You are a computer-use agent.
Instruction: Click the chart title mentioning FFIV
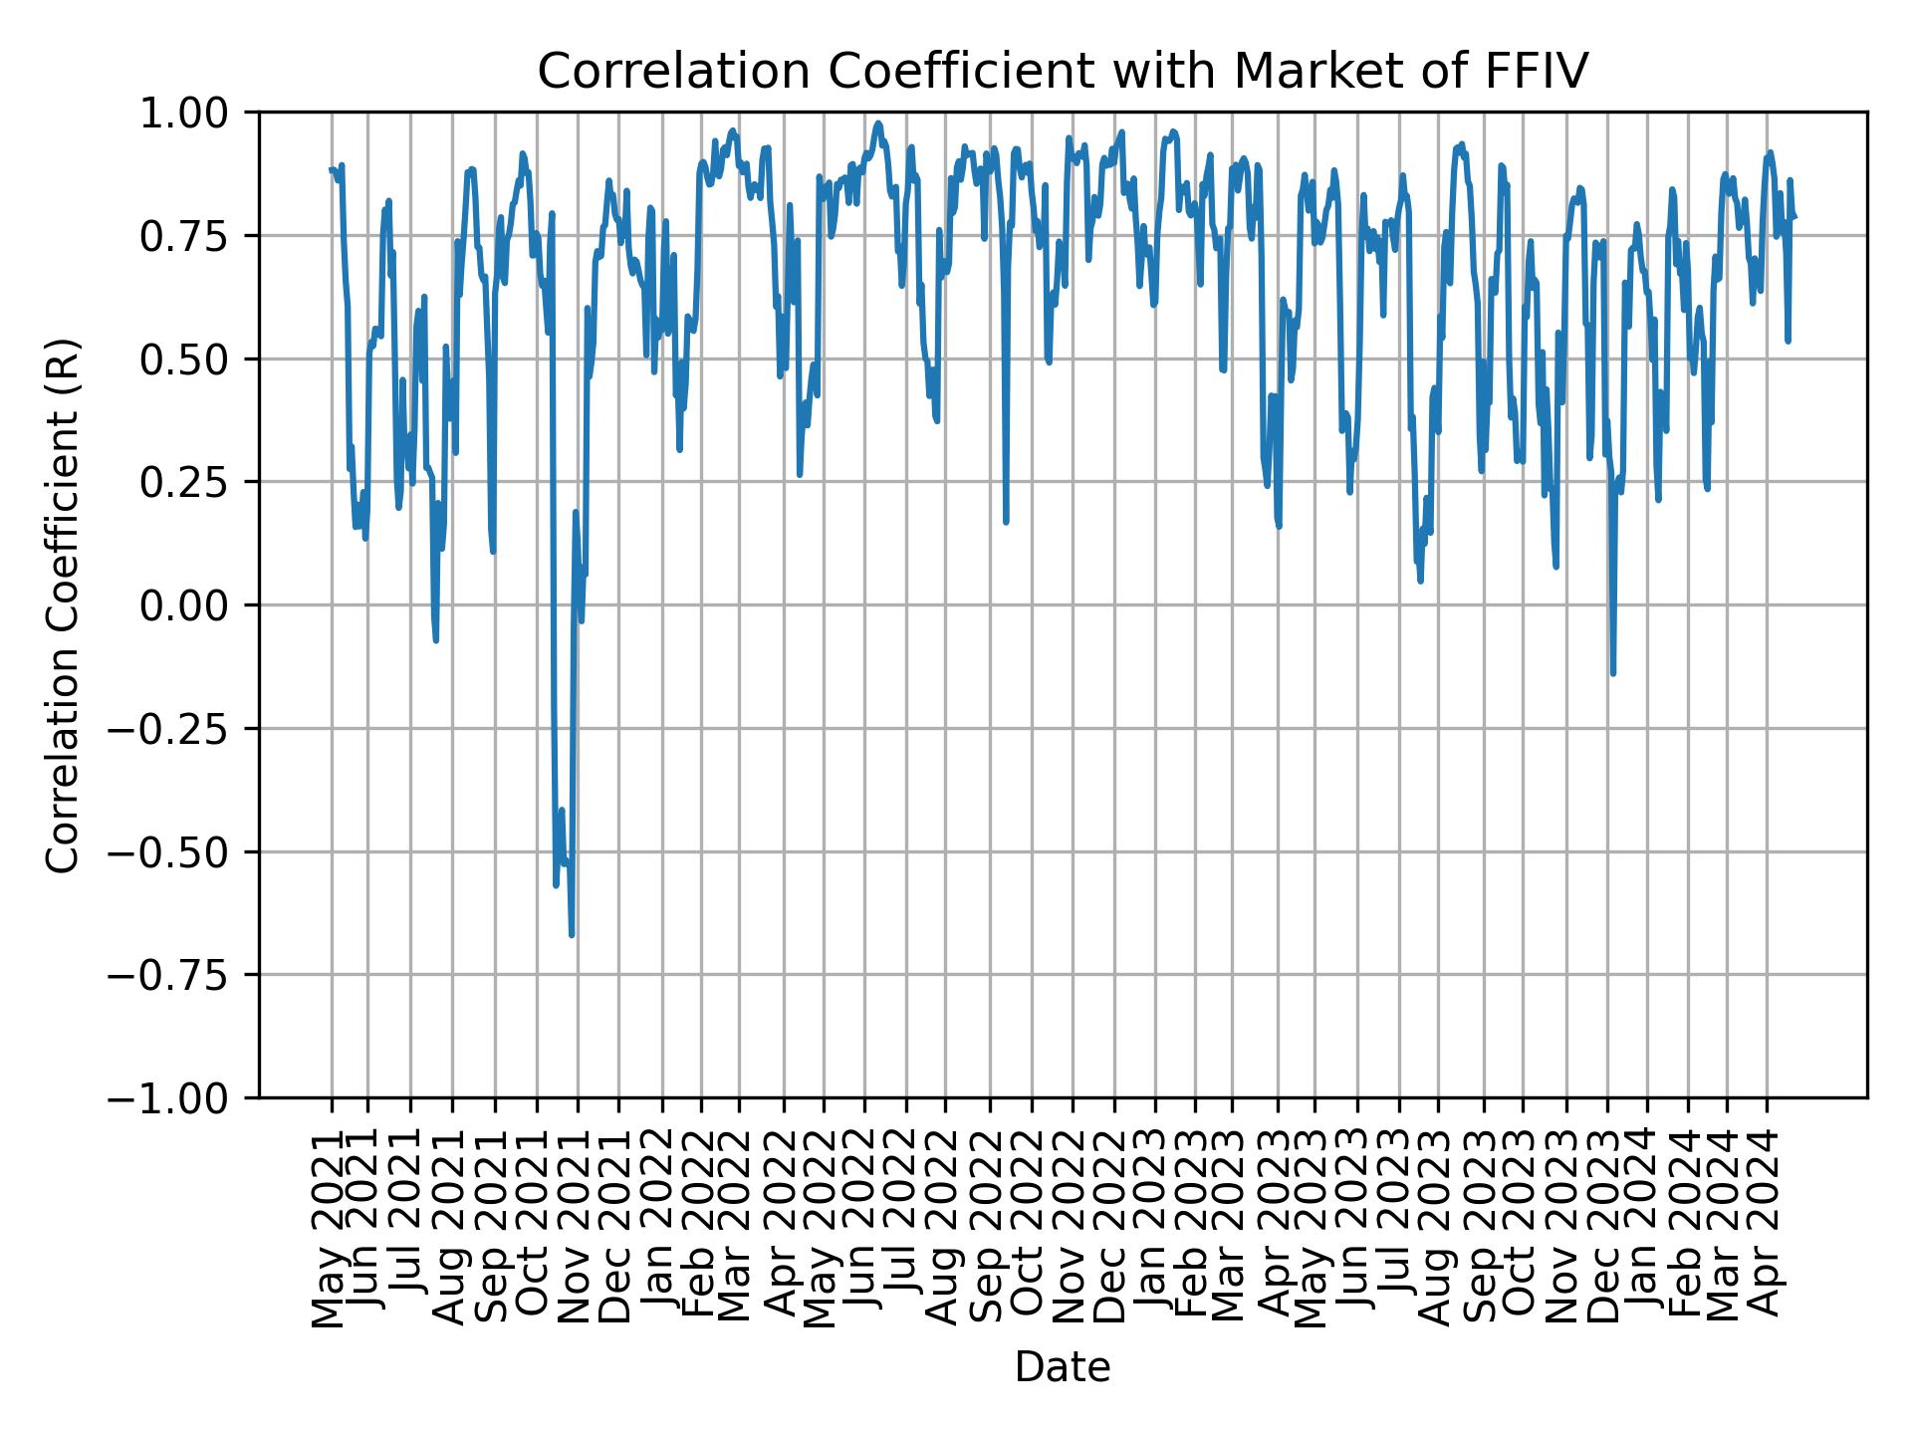coord(1063,72)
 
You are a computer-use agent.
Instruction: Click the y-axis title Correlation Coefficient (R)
coord(62,605)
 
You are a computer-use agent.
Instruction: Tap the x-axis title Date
coord(1063,1368)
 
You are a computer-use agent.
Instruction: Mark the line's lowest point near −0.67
coord(572,934)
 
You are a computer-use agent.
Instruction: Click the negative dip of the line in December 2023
coord(1613,673)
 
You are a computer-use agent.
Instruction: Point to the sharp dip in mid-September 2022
coord(1007,521)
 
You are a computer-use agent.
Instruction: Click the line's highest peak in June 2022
coord(877,124)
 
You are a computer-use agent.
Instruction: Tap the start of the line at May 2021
coord(332,170)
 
